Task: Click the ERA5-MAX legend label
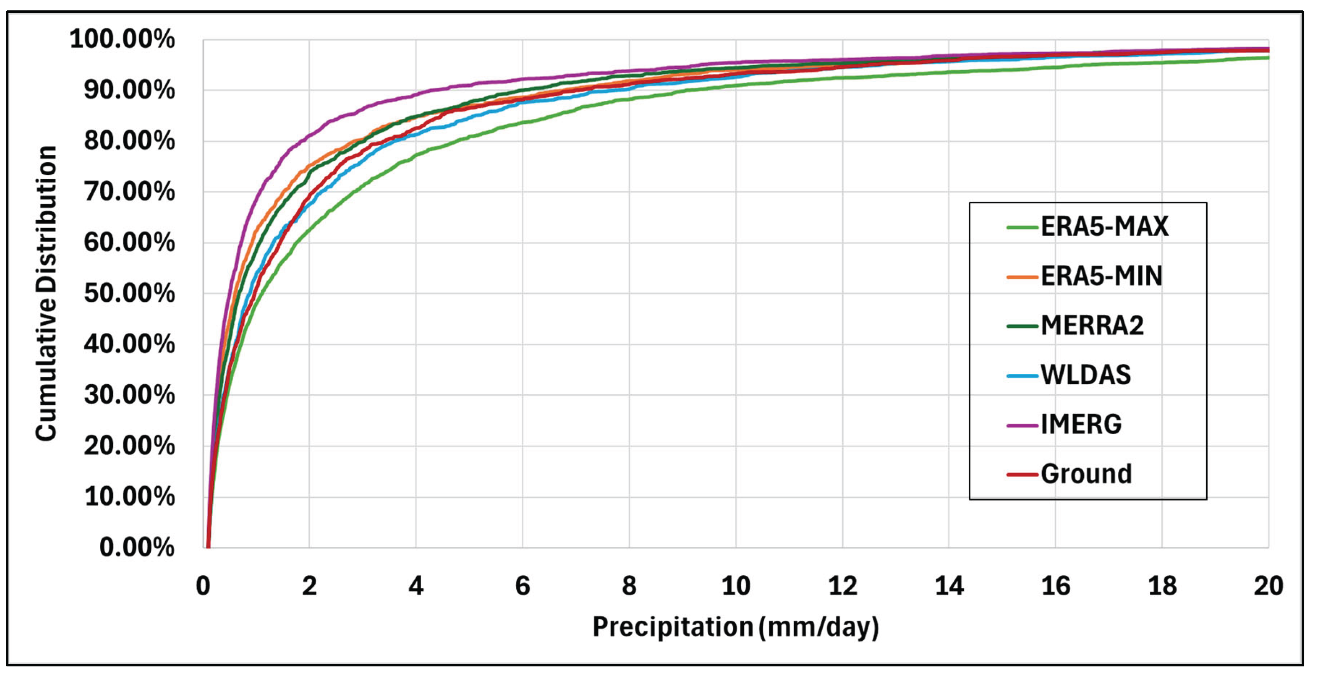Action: (1104, 227)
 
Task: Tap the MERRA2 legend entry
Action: (1092, 326)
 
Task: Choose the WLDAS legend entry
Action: (1086, 375)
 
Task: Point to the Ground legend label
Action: (1086, 474)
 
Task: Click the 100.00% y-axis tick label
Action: (122, 40)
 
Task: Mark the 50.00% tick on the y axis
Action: (129, 294)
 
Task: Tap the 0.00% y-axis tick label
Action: (136, 548)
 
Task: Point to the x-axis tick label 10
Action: (735, 586)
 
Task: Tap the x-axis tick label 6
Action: (522, 586)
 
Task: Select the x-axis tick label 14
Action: (949, 586)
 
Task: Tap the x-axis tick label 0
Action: (203, 586)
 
